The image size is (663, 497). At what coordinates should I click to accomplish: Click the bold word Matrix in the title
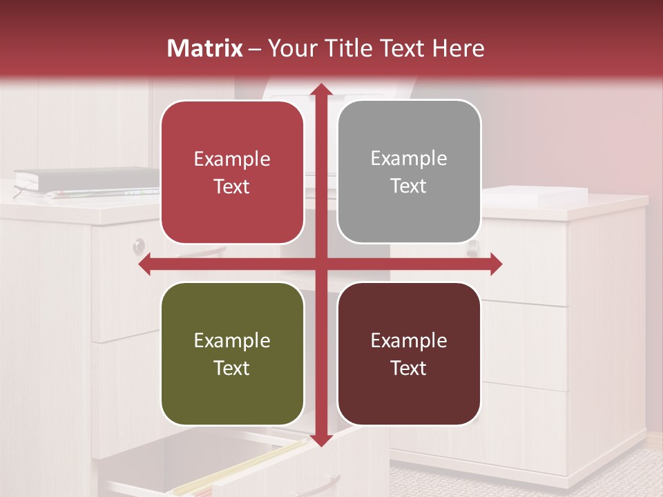[204, 48]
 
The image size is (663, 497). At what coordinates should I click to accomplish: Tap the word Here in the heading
[458, 48]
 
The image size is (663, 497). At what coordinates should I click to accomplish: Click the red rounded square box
[232, 173]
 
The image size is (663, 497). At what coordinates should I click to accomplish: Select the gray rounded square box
[409, 172]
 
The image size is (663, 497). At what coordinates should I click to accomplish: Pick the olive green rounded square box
[232, 353]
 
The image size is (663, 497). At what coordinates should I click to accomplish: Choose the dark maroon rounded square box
[409, 353]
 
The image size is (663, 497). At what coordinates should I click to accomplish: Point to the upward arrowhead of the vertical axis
[320, 90]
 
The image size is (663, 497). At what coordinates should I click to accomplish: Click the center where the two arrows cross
[320, 264]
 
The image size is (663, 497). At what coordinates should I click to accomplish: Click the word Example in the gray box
[409, 159]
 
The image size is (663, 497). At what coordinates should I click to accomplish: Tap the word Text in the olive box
[231, 368]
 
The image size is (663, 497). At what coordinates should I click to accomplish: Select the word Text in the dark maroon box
[408, 368]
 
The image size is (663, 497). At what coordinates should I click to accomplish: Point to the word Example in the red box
[232, 159]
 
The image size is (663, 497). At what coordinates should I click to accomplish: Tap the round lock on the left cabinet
[139, 245]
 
